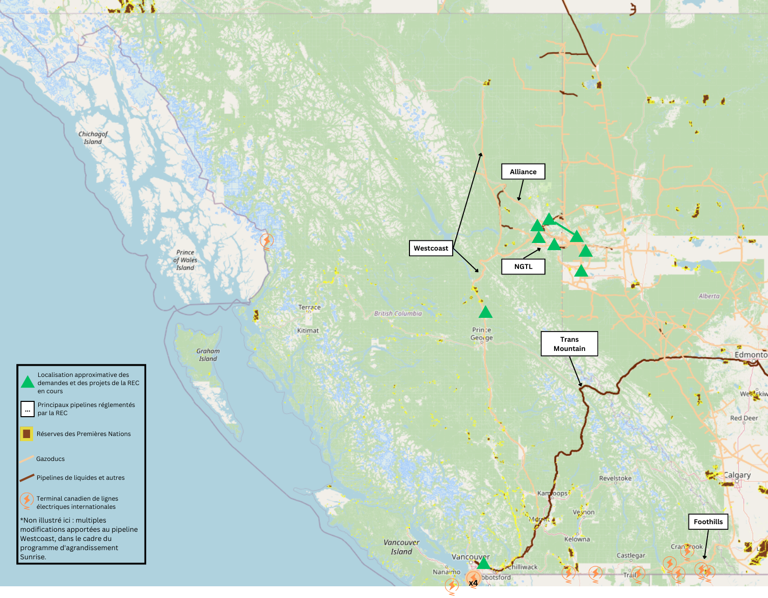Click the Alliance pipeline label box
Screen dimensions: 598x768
tap(523, 172)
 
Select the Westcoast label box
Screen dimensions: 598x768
tap(431, 249)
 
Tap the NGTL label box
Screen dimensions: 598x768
tap(523, 266)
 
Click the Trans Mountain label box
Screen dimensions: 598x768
tap(569, 344)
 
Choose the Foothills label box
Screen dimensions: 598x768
tap(708, 522)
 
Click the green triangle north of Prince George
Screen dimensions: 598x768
tap(485, 312)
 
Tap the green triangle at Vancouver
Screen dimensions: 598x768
tap(483, 563)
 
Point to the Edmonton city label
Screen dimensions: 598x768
tap(750, 355)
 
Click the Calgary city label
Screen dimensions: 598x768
tap(737, 475)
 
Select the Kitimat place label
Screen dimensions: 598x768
tap(308, 331)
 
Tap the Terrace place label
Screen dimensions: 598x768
tap(309, 307)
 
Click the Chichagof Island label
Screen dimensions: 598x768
tap(93, 138)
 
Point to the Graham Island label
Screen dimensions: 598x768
tap(208, 355)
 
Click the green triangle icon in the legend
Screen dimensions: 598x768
tap(28, 383)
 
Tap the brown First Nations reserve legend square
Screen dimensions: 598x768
tap(27, 434)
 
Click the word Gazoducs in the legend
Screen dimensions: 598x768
tap(50, 459)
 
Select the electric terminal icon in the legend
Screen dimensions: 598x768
tap(26, 501)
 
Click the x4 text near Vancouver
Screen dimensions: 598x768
tap(473, 583)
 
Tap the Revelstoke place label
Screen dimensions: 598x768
tap(615, 478)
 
